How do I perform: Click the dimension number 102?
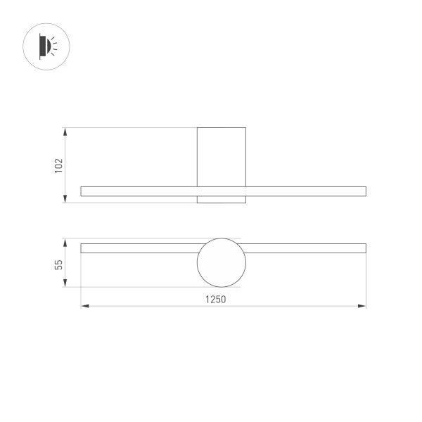[x=59, y=165]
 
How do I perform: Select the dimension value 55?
[x=59, y=264]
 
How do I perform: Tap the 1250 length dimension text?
[x=216, y=299]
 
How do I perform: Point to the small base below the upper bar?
[x=222, y=200]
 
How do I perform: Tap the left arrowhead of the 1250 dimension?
[x=84, y=306]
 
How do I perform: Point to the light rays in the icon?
[x=54, y=46]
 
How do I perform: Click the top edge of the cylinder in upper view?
[x=222, y=128]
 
